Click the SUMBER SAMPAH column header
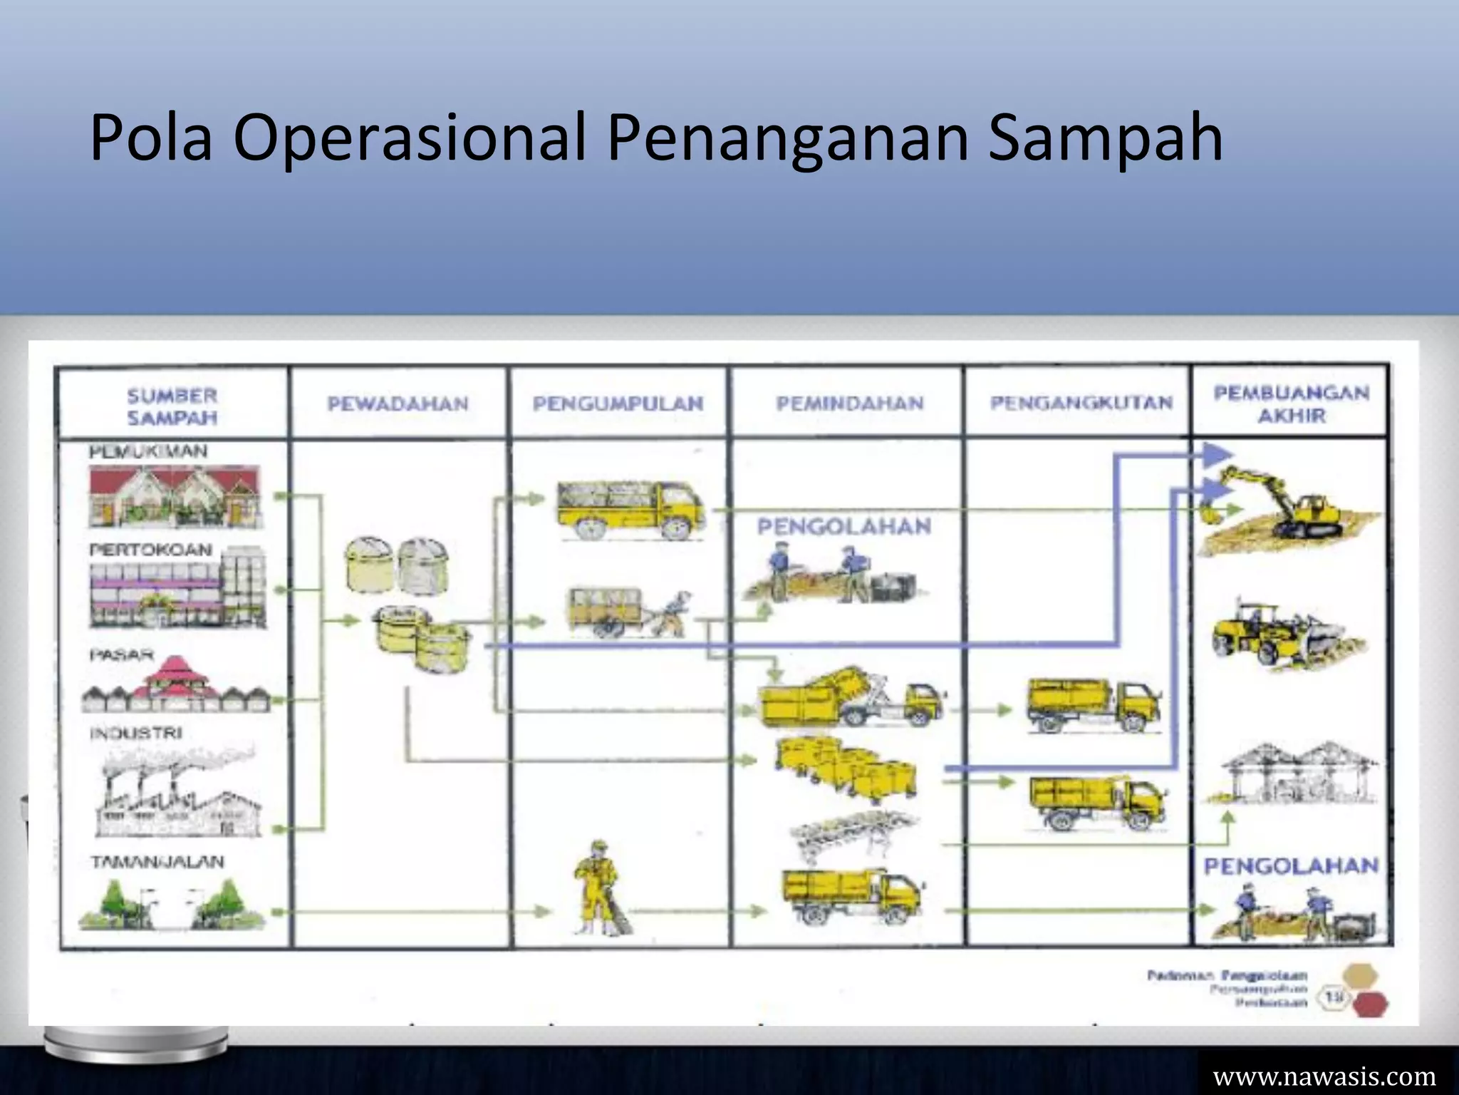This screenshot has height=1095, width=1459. tap(172, 406)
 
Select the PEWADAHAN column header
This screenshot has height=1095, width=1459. tap(398, 404)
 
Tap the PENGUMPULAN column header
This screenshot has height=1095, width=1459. tap(618, 404)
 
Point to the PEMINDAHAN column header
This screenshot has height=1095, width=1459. tap(850, 404)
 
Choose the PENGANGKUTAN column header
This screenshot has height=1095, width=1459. tap(1081, 403)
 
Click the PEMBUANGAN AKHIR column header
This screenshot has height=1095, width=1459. tap(1291, 404)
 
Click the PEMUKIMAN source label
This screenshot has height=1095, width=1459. tap(148, 452)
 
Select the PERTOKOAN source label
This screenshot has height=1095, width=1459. tap(151, 550)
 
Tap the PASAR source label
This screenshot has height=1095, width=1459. tap(122, 654)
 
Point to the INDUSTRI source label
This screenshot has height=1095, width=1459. tap(136, 734)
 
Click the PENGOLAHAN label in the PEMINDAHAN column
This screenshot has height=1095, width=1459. tap(844, 527)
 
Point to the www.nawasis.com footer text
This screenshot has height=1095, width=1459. tap(1324, 1076)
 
